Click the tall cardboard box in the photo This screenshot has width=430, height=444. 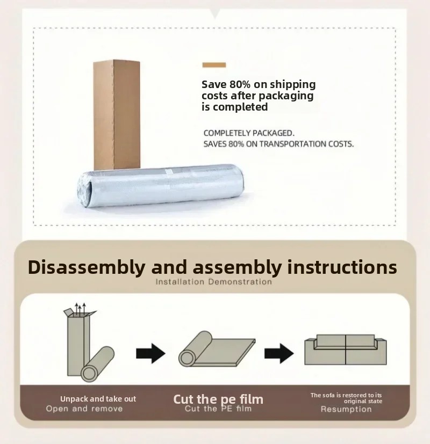tap(117, 115)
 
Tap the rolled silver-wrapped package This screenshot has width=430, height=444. tap(161, 186)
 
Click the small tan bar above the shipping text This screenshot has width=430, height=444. tap(214, 65)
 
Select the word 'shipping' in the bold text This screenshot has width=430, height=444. tap(292, 85)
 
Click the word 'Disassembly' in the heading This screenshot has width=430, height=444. tap(87, 267)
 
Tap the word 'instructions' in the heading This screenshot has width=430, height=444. tap(342, 267)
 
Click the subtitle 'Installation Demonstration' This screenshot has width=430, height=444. tap(214, 282)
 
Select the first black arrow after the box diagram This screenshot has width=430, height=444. tap(150, 353)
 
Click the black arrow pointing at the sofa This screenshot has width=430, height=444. tap(279, 353)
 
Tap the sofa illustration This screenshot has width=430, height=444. tap(346, 350)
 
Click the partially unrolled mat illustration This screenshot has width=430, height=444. tap(217, 349)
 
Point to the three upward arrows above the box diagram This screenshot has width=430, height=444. tap(80, 308)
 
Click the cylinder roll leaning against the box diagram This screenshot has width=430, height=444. tap(97, 364)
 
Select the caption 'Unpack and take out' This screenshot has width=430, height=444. tap(98, 399)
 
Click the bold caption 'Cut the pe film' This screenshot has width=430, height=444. tap(218, 399)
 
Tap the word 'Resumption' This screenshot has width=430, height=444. tap(346, 409)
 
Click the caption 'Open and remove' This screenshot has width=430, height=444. tap(84, 409)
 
